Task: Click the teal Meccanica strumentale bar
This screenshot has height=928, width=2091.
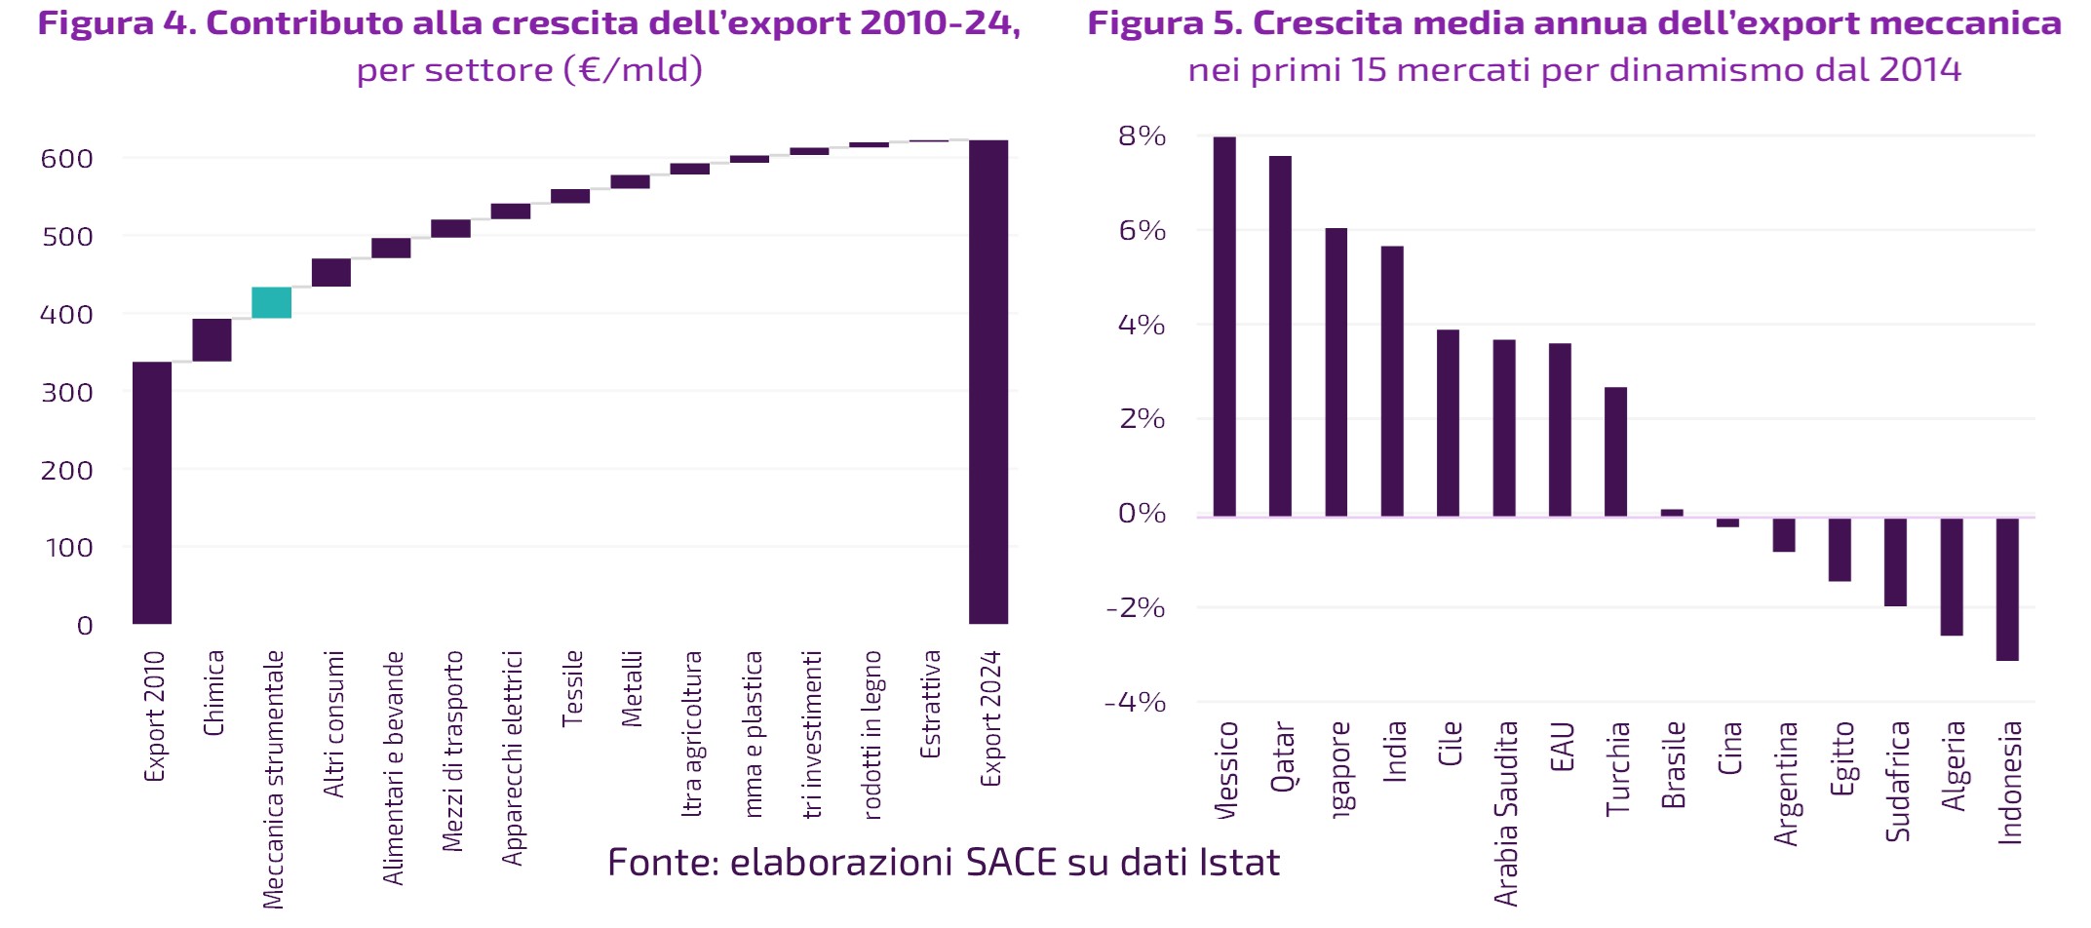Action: [x=271, y=302]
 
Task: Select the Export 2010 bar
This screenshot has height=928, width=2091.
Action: [x=152, y=492]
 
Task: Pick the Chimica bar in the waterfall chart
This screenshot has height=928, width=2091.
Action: [x=212, y=340]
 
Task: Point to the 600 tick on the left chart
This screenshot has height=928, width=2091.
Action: [x=66, y=159]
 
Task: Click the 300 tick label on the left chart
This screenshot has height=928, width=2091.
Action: [x=66, y=393]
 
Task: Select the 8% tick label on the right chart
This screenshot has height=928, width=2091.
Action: [x=1142, y=136]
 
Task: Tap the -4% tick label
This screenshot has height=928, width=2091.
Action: [x=1135, y=703]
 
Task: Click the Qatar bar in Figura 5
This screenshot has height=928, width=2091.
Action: [x=1280, y=336]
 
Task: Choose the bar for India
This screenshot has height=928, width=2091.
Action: [x=1392, y=381]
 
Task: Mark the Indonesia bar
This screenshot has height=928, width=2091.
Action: [x=2007, y=590]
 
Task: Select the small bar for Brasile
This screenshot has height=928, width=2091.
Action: [x=1672, y=512]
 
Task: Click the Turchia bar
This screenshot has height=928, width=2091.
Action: [x=1615, y=451]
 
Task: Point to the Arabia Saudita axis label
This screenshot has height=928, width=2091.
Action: [x=1506, y=813]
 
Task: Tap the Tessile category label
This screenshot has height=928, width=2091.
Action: [x=572, y=688]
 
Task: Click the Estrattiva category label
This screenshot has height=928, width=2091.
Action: [x=931, y=704]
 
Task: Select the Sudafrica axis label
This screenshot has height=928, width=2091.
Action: [x=1897, y=781]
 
